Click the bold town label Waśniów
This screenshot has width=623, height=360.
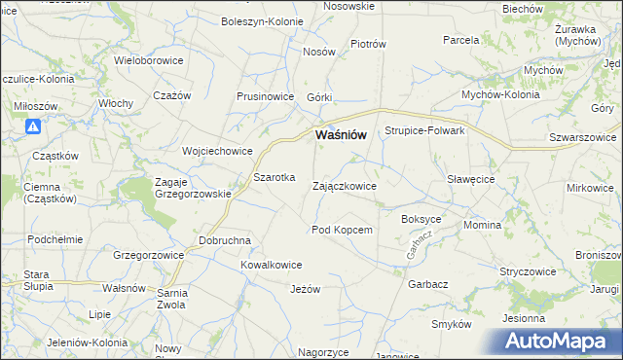click(341, 135)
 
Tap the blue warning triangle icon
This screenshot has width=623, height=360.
click(32, 126)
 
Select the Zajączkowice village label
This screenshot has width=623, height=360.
click(344, 185)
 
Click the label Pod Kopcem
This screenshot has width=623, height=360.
click(342, 230)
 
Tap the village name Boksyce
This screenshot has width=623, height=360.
click(421, 220)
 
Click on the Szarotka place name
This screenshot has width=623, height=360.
click(275, 179)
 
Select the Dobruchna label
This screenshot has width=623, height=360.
click(225, 240)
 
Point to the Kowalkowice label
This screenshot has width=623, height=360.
click(272, 265)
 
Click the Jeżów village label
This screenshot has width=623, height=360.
click(305, 289)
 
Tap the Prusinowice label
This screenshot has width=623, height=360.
click(265, 97)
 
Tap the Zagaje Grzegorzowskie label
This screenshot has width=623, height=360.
click(192, 187)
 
